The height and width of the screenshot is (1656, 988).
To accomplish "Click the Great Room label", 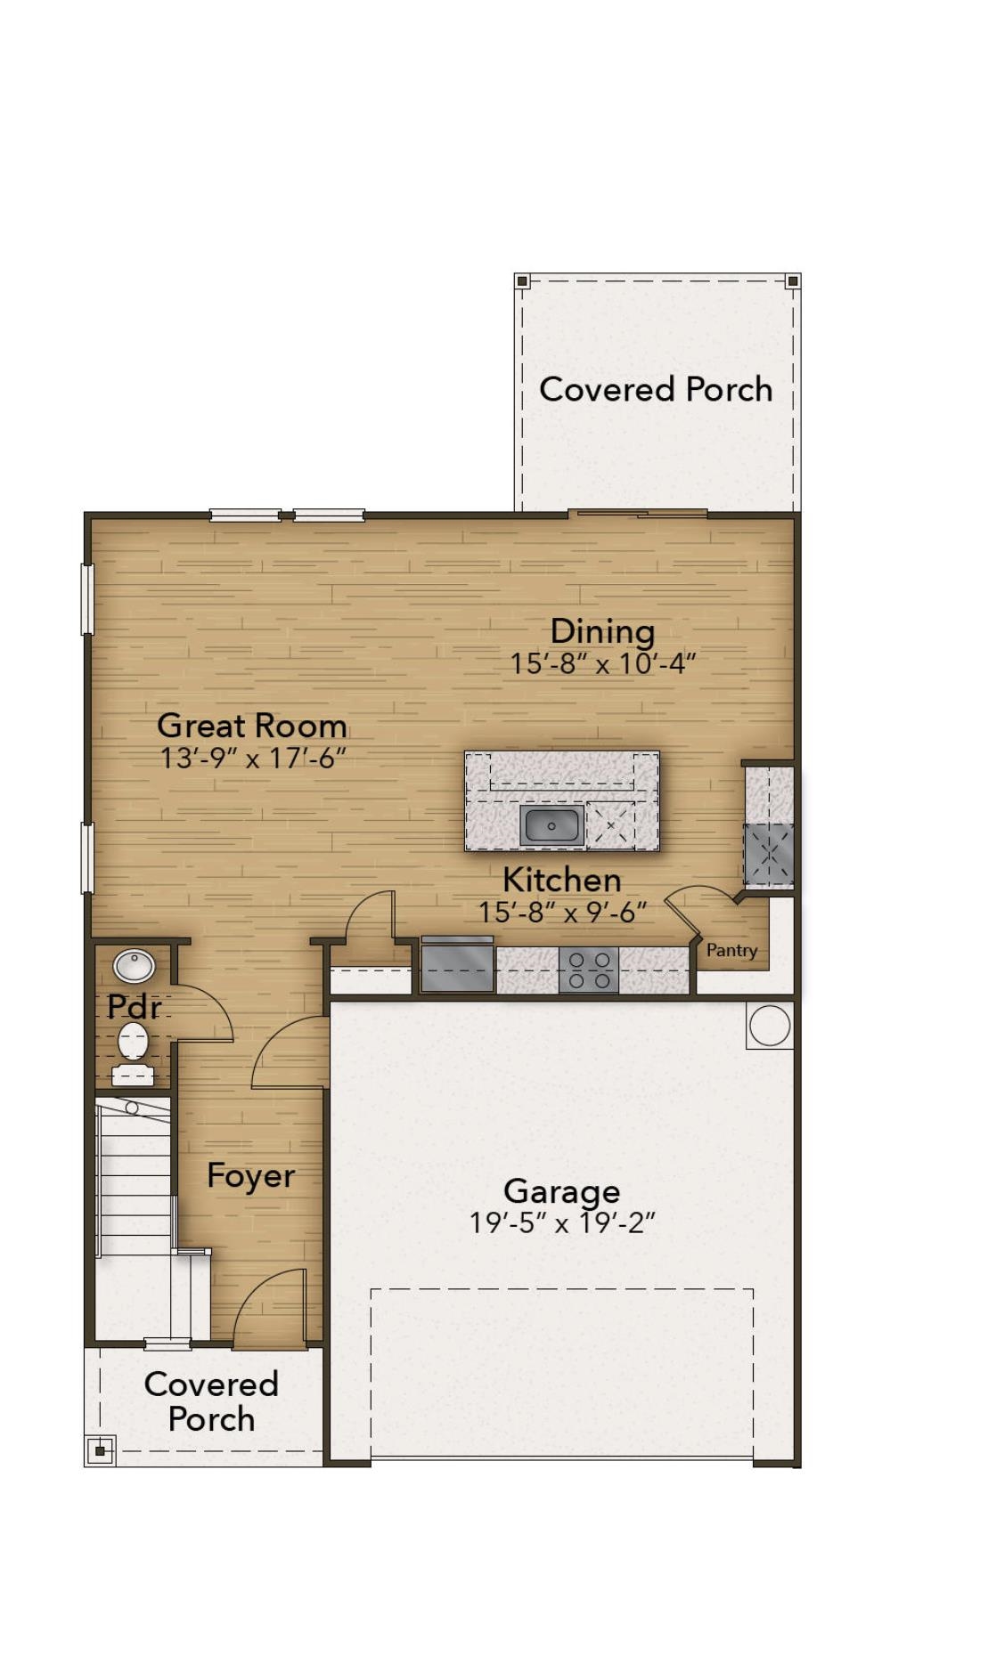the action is [x=252, y=726].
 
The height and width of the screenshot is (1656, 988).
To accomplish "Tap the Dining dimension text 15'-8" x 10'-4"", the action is [x=602, y=664].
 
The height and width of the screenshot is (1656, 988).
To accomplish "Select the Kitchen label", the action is [x=562, y=881].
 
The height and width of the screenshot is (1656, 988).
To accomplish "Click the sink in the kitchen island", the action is [x=552, y=825].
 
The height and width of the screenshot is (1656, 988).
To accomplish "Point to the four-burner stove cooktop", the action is [x=589, y=970].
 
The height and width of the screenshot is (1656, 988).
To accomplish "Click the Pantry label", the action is [x=731, y=951].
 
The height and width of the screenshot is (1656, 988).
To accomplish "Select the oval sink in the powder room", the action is [x=135, y=965].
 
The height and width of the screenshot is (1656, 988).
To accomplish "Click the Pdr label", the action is [x=134, y=1007].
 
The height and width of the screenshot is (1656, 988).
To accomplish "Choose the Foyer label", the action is [x=250, y=1176].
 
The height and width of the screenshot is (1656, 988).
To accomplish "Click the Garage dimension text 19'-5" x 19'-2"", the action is [x=562, y=1223].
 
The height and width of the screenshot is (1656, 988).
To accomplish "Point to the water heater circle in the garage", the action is [x=770, y=1026].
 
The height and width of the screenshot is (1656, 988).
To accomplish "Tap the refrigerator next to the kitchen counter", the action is [x=458, y=964].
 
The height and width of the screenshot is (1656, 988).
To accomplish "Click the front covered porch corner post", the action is [x=100, y=1450].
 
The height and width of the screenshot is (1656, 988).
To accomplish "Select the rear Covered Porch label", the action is [x=656, y=389].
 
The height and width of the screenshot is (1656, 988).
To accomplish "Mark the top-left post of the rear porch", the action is [x=523, y=281].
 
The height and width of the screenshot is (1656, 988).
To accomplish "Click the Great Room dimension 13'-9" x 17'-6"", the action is [x=253, y=759].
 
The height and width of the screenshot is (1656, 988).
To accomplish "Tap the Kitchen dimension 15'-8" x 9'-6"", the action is [x=562, y=913].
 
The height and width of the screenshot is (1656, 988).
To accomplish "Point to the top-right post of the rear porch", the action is [x=793, y=281].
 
